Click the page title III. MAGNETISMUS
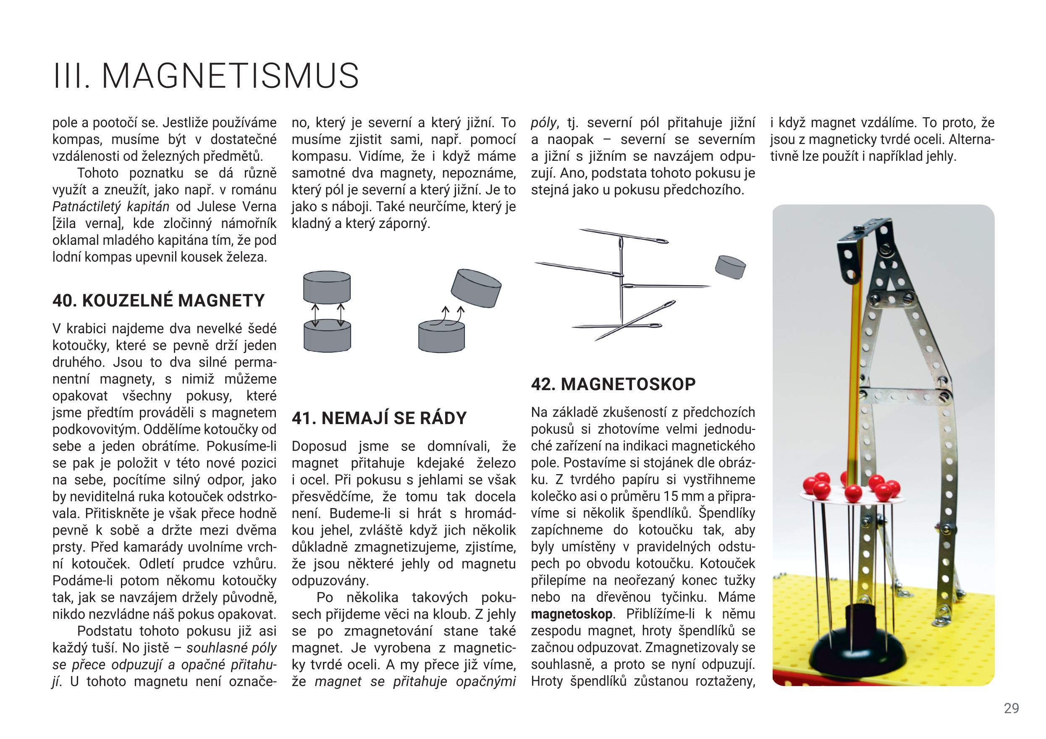point(206,76)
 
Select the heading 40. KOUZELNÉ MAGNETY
point(159,301)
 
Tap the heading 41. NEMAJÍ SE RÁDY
point(379,418)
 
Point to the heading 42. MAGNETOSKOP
point(613,384)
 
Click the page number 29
point(1011,708)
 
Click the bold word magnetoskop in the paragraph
point(571,614)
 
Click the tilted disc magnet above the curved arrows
point(476,288)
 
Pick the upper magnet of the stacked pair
point(327,287)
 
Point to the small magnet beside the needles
point(730,267)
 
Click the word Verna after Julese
point(259,207)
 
